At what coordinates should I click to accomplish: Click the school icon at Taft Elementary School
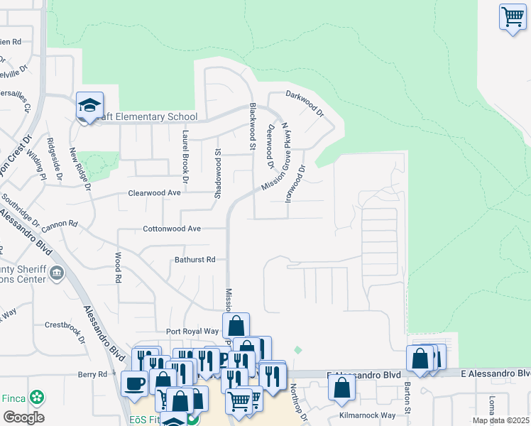(90, 106)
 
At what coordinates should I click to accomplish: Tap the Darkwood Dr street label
(305, 103)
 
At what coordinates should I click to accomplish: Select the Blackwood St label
(252, 126)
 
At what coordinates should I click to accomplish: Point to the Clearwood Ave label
(154, 192)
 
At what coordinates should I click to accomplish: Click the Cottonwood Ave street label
(173, 229)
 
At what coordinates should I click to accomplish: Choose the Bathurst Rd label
(195, 260)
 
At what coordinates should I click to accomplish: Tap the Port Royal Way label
(192, 331)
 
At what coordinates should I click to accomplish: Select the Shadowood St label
(218, 169)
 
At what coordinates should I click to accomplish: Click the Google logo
(23, 417)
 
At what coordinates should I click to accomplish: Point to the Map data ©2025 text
(500, 420)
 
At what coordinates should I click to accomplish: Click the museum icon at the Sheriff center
(58, 272)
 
